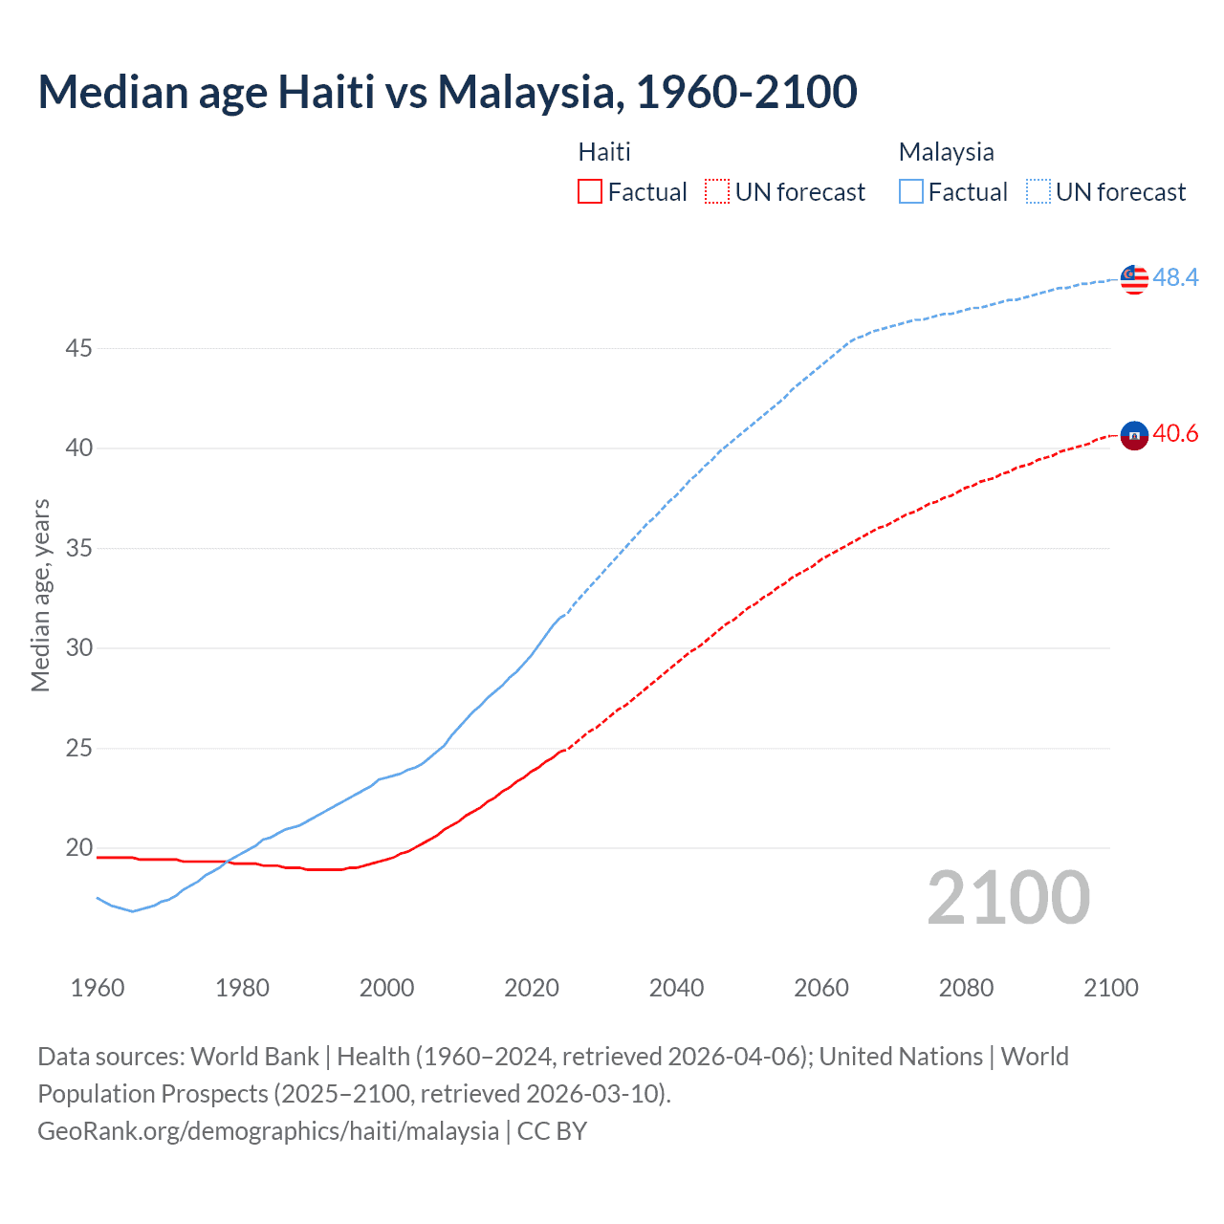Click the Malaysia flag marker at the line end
[1134, 278]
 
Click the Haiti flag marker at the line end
[1134, 435]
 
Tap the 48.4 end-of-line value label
[1175, 277]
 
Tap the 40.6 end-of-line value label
[1175, 434]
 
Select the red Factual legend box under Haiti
[590, 192]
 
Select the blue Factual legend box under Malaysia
[911, 192]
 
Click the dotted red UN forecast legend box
[717, 192]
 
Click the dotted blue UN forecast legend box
[1038, 192]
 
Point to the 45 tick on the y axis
[78, 348]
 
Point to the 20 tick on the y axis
[78, 847]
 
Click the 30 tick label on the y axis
[78, 647]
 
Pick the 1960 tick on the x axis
[98, 988]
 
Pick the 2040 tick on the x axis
[676, 988]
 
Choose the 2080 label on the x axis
[966, 988]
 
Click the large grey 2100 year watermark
[1008, 897]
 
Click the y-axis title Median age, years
[40, 595]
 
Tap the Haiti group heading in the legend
[604, 152]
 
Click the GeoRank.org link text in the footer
[268, 1131]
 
